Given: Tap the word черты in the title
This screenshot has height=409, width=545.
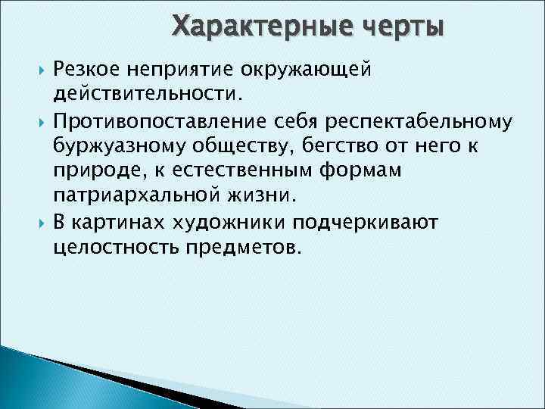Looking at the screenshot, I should tap(403, 26).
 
